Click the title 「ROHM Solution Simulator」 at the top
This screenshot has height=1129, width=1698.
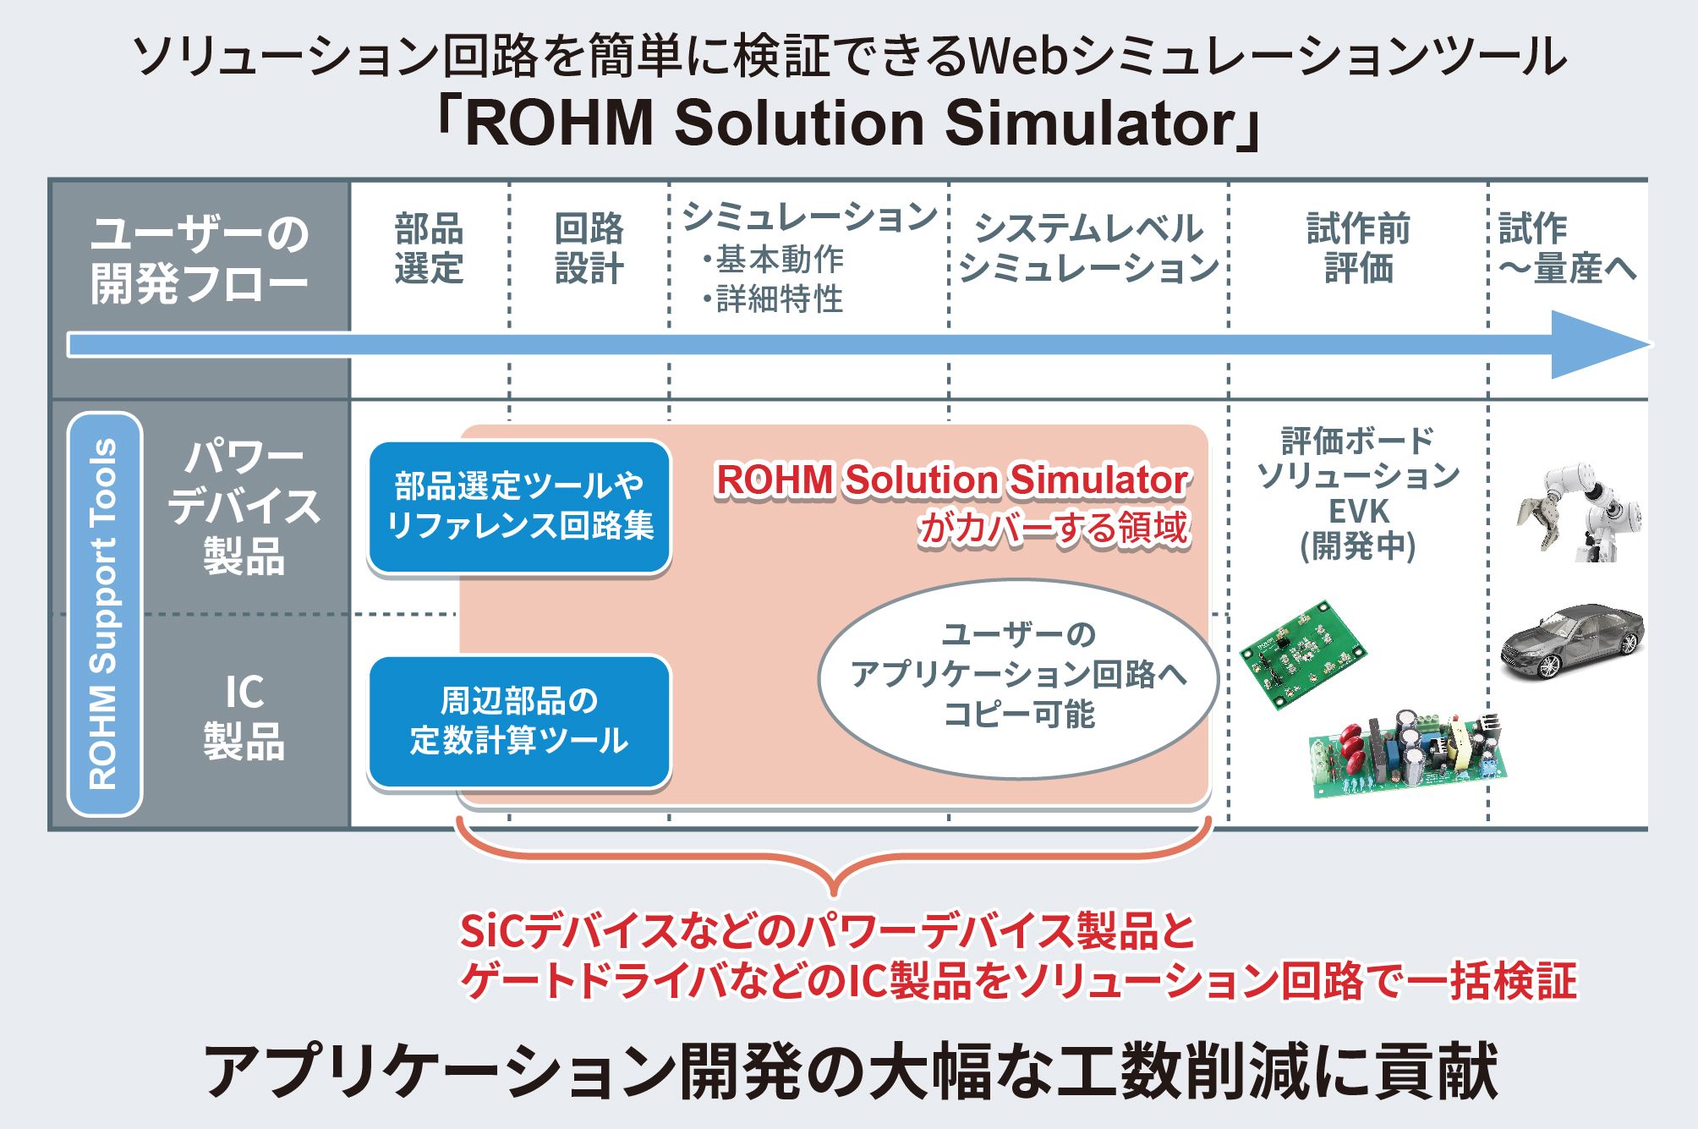click(x=848, y=123)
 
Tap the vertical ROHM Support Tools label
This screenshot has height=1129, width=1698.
click(x=104, y=615)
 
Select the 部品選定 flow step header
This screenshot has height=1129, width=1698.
click(x=429, y=249)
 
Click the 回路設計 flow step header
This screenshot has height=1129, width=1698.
click(x=589, y=249)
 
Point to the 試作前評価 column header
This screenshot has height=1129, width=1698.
click(x=1358, y=249)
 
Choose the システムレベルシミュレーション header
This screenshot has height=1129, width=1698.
click(x=1089, y=249)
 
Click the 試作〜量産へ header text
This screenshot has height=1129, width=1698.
click(x=1567, y=249)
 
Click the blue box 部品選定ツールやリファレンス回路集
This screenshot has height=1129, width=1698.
click(x=519, y=507)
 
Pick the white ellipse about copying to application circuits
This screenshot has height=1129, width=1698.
click(x=1018, y=677)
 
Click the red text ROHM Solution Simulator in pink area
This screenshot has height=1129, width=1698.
click(x=953, y=480)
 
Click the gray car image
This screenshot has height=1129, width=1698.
click(x=1572, y=640)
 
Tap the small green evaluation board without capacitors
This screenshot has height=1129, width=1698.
click(x=1302, y=654)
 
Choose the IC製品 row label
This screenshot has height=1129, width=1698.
click(x=244, y=716)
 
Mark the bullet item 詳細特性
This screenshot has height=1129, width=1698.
click(x=772, y=299)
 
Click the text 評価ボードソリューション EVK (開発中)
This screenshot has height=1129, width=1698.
click(x=1358, y=493)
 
